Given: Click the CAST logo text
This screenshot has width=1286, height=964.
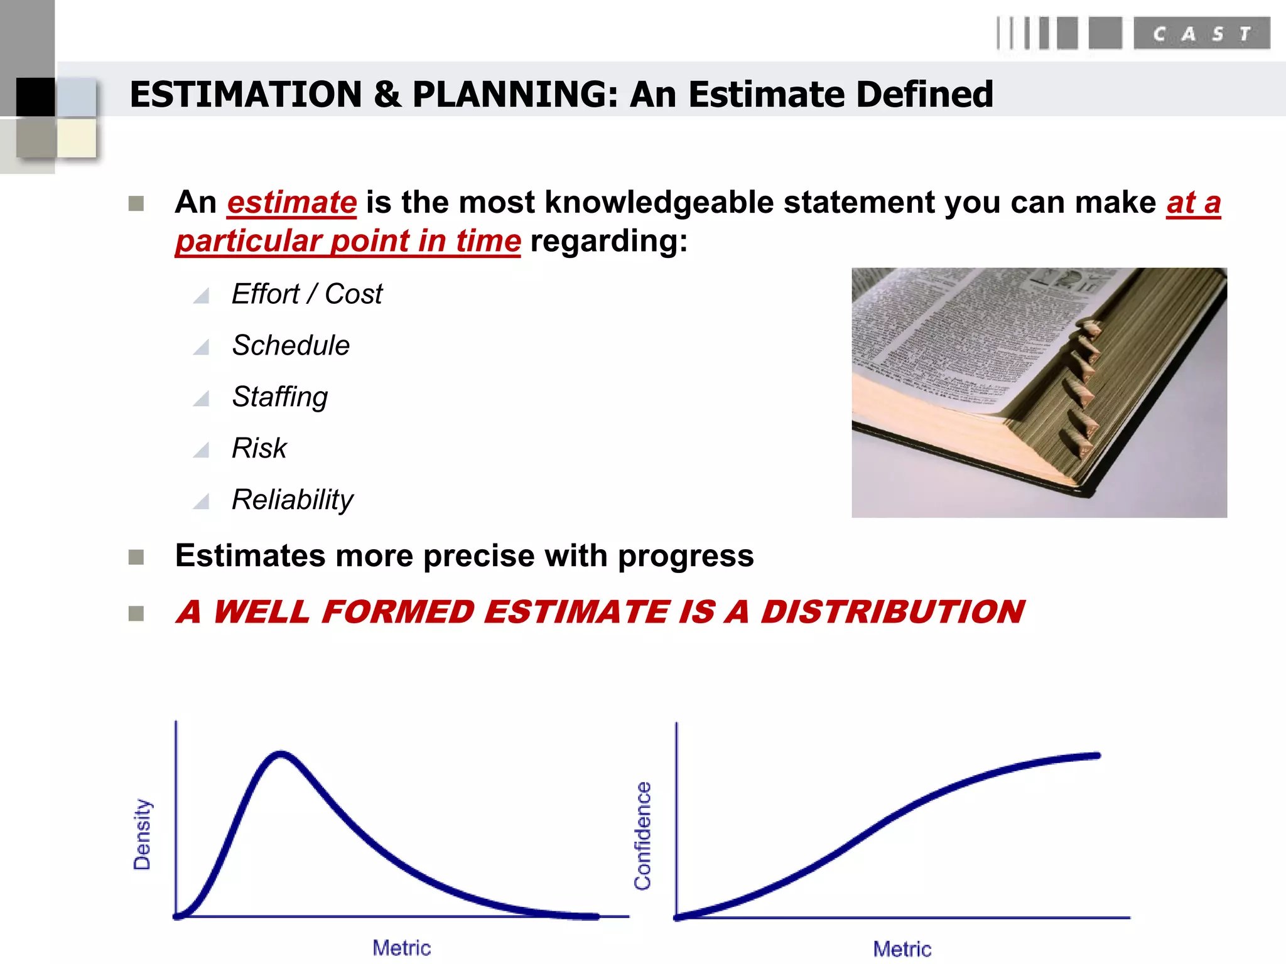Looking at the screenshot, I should [x=1201, y=33].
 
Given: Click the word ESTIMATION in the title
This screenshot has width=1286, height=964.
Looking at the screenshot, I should [x=246, y=95].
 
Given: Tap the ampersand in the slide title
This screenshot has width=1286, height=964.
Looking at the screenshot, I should [x=387, y=95].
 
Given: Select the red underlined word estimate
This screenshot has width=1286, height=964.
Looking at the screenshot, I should [x=292, y=203].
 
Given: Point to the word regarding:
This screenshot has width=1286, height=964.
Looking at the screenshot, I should [x=608, y=241].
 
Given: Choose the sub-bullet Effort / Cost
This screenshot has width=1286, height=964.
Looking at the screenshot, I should [x=307, y=294].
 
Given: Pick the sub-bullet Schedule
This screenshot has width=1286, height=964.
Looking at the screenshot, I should [x=291, y=345].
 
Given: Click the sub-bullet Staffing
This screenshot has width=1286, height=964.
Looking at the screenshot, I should [x=280, y=397].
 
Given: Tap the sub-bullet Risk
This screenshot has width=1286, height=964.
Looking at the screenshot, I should [x=259, y=448].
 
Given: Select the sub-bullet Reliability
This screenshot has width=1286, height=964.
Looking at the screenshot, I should [x=293, y=500].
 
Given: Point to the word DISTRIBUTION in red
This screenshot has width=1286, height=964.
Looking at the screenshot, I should [x=892, y=612].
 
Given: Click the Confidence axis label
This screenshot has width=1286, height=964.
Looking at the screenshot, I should [x=643, y=835].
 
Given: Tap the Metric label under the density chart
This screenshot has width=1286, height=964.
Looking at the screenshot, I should [x=402, y=947].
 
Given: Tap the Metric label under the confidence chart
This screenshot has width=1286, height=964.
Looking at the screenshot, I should [x=902, y=948].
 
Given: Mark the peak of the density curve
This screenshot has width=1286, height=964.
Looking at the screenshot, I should [x=281, y=754].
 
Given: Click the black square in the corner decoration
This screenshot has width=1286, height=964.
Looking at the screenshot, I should [x=35, y=97].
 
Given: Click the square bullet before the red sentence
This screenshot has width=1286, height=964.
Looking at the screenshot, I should [x=136, y=613].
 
